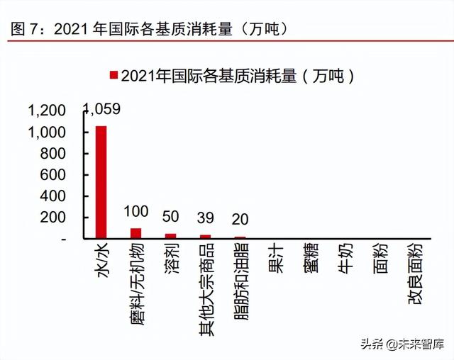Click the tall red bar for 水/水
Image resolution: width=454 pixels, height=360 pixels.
pyautogui.click(x=101, y=182)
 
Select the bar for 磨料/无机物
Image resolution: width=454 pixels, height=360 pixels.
pyautogui.click(x=135, y=233)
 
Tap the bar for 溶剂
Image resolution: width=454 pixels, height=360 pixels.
pyautogui.click(x=170, y=236)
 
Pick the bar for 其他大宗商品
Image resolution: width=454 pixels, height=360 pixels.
pyautogui.click(x=205, y=237)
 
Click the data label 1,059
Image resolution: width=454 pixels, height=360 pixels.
pyautogui.click(x=102, y=109)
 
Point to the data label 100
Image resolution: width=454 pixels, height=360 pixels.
pyautogui.click(x=136, y=211)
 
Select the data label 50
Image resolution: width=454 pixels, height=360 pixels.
pyautogui.click(x=170, y=217)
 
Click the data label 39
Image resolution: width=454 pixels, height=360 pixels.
pyautogui.click(x=205, y=218)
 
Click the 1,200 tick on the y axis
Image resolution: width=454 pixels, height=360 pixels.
pyautogui.click(x=47, y=111)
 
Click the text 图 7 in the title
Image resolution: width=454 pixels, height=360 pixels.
pyautogui.click(x=23, y=29)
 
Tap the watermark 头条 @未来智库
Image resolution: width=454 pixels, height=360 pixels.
pyautogui.click(x=402, y=344)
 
